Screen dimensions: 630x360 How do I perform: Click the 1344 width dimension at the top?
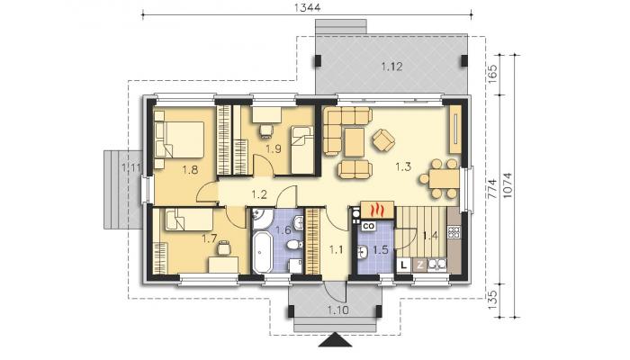pyautogui.click(x=307, y=7)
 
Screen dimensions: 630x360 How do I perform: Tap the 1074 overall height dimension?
pyautogui.click(x=508, y=185)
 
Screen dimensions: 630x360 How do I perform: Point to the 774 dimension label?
pyautogui.click(x=492, y=188)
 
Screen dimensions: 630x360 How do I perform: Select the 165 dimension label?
pyautogui.click(x=492, y=73)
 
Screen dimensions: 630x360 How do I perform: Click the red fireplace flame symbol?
pyautogui.click(x=377, y=210)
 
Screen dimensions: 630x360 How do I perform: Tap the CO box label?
pyautogui.click(x=369, y=226)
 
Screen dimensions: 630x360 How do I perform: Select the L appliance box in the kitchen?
pyautogui.click(x=404, y=265)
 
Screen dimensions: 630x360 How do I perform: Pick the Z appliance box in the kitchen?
pyautogui.click(x=420, y=265)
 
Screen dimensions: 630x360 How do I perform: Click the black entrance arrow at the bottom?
pyautogui.click(x=335, y=340)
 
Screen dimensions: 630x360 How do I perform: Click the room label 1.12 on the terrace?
pyautogui.click(x=391, y=67)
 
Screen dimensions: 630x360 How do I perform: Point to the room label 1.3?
pyautogui.click(x=403, y=166)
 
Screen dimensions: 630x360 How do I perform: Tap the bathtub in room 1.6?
pyautogui.click(x=263, y=253)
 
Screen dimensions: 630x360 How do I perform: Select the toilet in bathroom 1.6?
pyautogui.click(x=295, y=244)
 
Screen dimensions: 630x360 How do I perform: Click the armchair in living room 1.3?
pyautogui.click(x=383, y=140)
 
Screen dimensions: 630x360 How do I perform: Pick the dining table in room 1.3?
pyautogui.click(x=444, y=179)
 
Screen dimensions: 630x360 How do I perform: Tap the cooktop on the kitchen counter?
pyautogui.click(x=454, y=232)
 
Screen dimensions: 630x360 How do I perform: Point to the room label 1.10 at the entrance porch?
pyautogui.click(x=337, y=310)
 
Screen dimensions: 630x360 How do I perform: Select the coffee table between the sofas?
pyautogui.click(x=355, y=142)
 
